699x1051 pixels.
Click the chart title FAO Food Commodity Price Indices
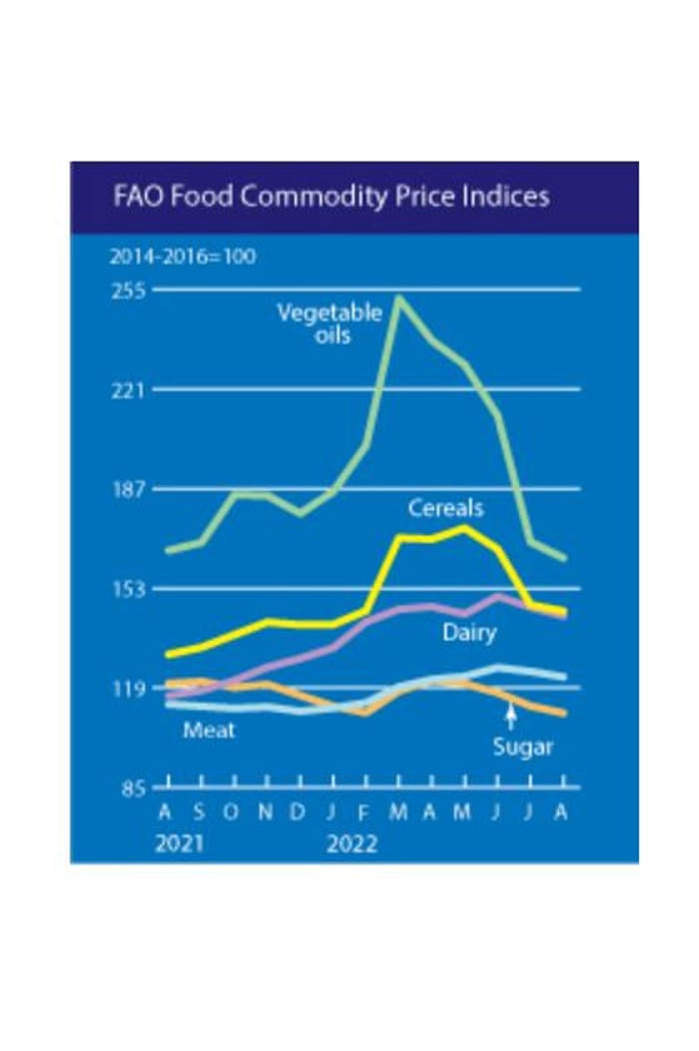(331, 196)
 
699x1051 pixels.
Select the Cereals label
(445, 508)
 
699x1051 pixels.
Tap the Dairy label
(469, 633)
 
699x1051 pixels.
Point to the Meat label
(209, 731)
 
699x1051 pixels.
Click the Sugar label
(522, 747)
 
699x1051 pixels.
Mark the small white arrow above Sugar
(510, 716)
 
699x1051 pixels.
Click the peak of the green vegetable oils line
(399, 296)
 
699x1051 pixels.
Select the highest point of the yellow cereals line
(464, 527)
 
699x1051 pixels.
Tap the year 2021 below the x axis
(179, 844)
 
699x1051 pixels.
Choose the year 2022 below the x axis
(351, 844)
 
